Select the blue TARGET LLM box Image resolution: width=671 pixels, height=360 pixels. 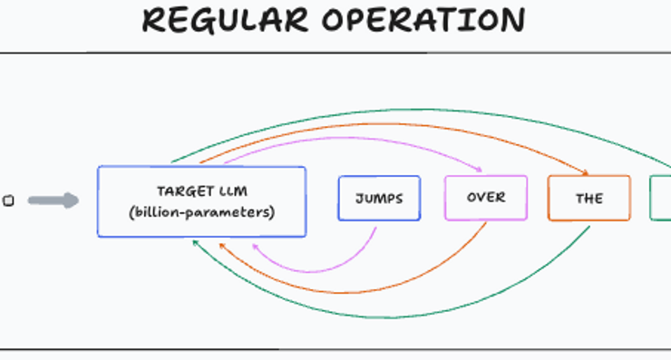point(201,202)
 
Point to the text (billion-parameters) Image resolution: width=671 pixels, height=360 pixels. point(202,212)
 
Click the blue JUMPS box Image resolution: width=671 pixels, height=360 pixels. point(379,198)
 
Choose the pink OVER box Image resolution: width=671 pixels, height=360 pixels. point(486,198)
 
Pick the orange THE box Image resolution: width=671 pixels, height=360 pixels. point(588,198)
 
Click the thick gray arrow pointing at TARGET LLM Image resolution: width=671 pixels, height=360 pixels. point(53,200)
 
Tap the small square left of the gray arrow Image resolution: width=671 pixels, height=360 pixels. point(8,201)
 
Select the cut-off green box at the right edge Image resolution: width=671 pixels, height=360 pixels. point(661,198)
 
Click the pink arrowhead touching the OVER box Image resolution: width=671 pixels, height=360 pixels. point(477,170)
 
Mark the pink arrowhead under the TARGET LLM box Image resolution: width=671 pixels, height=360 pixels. point(255,246)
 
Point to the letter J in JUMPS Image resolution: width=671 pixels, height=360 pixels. point(359,198)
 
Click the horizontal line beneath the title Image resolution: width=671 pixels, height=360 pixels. point(335,53)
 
